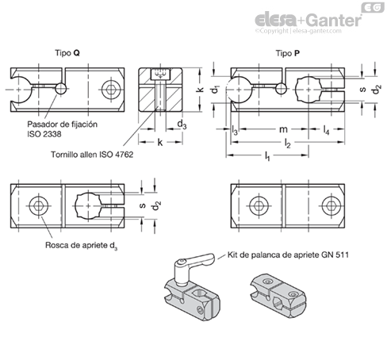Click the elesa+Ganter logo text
308,20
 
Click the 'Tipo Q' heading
67,53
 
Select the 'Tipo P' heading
288,53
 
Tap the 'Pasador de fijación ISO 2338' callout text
63,129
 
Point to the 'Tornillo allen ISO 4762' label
92,155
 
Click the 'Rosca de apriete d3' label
82,246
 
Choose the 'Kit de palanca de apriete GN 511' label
288,255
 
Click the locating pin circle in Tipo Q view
61,89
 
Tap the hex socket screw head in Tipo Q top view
111,90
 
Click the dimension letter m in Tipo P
283,129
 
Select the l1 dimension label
267,156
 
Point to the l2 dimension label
288,144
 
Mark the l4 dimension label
327,130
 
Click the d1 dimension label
216,90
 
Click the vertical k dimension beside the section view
200,90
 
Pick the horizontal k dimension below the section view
160,142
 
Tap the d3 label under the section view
182,124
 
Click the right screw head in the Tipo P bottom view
331,205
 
